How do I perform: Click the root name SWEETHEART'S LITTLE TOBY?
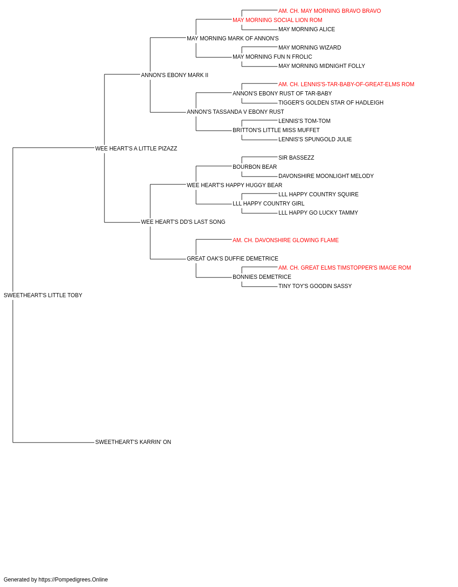click(43, 295)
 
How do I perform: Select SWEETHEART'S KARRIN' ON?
click(133, 442)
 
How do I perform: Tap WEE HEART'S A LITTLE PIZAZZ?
click(136, 149)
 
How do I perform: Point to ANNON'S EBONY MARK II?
click(174, 75)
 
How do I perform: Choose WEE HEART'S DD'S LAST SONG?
click(183, 222)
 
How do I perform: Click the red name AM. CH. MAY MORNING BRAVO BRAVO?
click(330, 11)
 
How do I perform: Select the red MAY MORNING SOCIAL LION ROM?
click(277, 20)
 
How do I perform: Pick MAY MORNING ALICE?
click(306, 29)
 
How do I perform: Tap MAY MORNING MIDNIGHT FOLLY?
click(322, 66)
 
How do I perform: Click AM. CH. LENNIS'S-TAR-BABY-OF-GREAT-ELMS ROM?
click(346, 84)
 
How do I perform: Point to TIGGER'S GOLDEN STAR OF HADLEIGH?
click(331, 103)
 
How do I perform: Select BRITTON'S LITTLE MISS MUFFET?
click(276, 130)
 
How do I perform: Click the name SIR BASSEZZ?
click(296, 158)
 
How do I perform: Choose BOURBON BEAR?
click(255, 167)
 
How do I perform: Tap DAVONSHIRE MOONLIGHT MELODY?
click(326, 176)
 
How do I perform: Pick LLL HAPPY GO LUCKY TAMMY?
click(318, 213)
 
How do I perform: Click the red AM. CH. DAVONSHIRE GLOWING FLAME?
click(286, 240)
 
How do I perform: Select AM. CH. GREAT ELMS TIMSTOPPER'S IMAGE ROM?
click(344, 268)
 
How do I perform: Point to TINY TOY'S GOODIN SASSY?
click(315, 286)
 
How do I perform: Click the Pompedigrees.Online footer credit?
click(55, 580)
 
